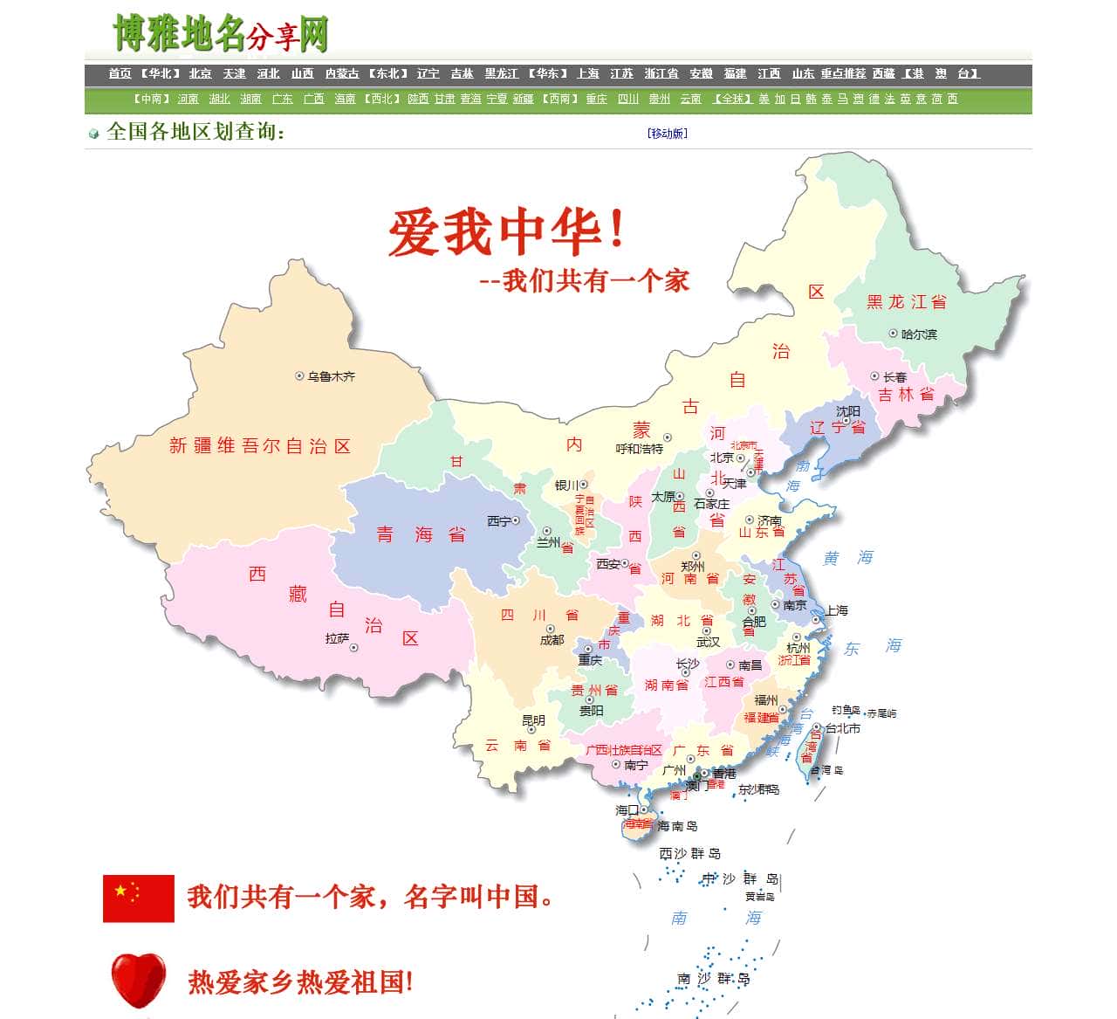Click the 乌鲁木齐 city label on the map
tap(331, 376)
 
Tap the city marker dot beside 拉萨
tap(354, 648)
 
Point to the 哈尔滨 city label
tap(919, 334)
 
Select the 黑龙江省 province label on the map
tap(906, 302)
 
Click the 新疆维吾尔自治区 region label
tap(259, 446)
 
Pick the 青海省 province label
tap(421, 534)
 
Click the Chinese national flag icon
tap(139, 899)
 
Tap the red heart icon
tap(139, 980)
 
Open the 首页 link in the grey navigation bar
tap(120, 74)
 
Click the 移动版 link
tap(668, 134)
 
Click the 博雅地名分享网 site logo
tap(221, 34)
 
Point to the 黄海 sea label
tap(847, 558)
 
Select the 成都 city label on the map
tap(552, 640)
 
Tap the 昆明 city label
tap(533, 720)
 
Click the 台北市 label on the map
tap(843, 728)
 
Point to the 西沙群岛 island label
tap(689, 853)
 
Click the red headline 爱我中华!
tap(506, 232)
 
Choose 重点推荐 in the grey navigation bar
tap(843, 74)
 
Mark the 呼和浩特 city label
tap(639, 449)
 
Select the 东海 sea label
tap(872, 647)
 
